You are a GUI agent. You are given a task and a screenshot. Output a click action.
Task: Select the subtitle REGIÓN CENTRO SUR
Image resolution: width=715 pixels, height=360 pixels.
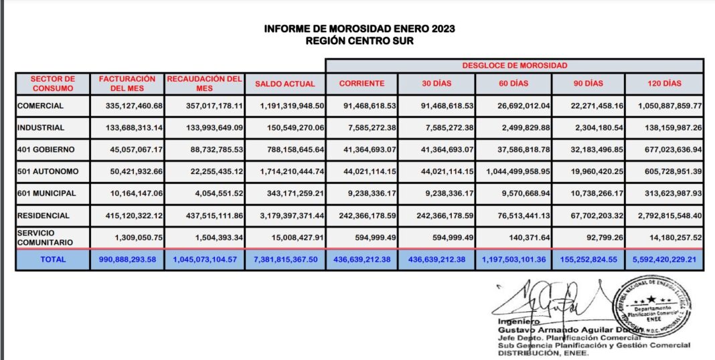(x=360, y=41)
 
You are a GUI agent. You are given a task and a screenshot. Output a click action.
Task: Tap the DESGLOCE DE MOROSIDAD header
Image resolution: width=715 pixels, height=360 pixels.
(x=514, y=66)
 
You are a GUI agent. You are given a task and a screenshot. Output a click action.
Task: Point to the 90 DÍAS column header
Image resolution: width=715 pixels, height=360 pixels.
(x=588, y=84)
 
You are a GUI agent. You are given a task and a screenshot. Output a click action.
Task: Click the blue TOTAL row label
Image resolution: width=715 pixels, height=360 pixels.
(x=52, y=259)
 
